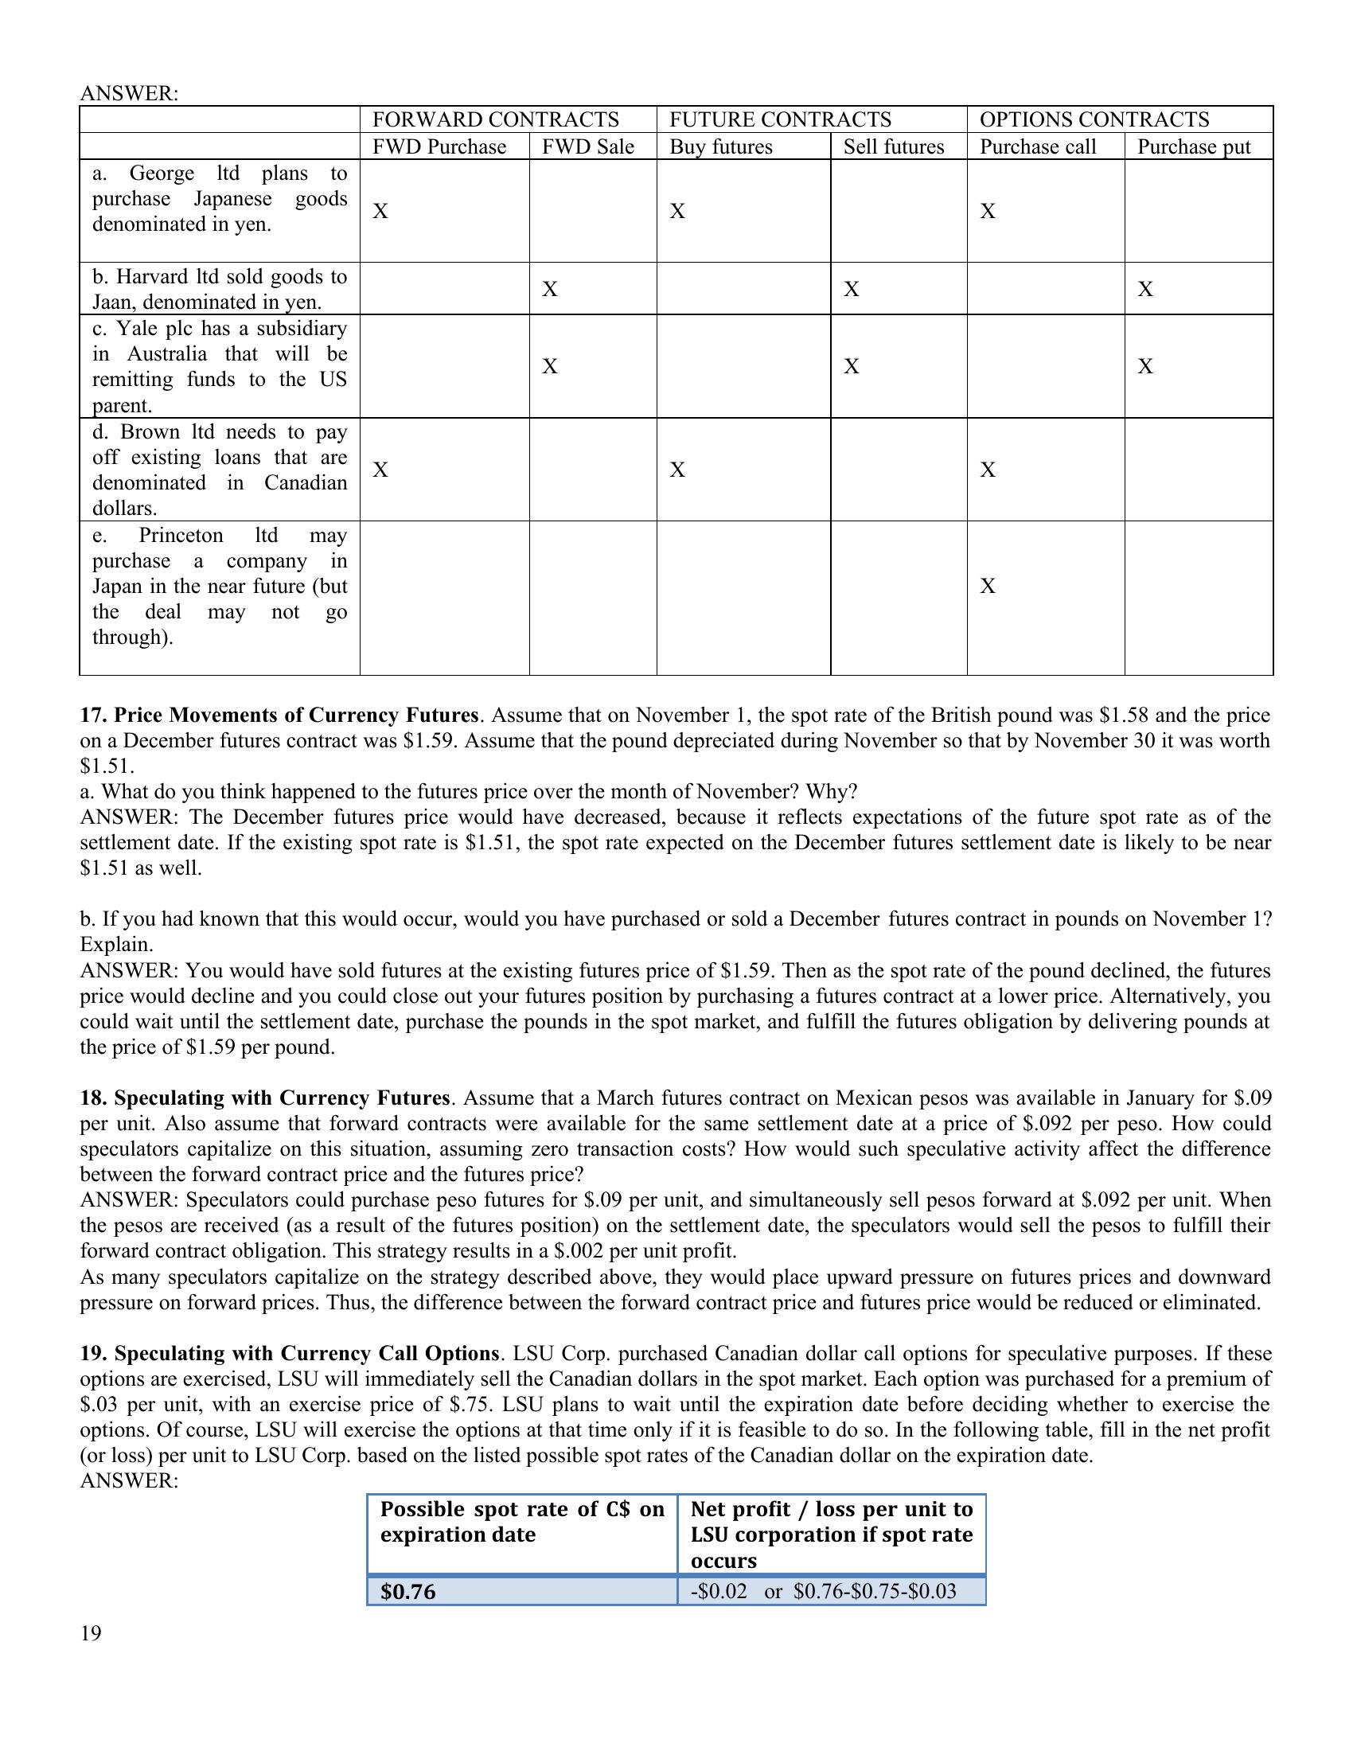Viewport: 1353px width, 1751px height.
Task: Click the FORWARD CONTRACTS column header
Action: click(495, 119)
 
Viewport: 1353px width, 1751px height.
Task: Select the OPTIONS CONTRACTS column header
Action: click(1094, 119)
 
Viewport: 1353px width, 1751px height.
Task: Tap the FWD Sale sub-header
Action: click(587, 146)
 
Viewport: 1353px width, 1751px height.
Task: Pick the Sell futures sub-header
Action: click(894, 146)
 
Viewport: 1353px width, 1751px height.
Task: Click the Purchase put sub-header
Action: click(1194, 146)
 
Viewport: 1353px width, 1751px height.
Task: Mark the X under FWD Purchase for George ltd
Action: click(380, 211)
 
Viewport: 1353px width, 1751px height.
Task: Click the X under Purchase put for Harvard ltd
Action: click(1145, 289)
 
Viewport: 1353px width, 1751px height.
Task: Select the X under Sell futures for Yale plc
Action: click(852, 366)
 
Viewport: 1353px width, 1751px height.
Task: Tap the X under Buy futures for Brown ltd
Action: click(677, 469)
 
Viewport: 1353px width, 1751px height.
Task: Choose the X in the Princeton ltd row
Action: click(988, 586)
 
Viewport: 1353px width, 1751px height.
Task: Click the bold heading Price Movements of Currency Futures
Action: click(296, 716)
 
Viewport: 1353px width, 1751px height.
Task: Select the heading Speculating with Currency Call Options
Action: click(307, 1353)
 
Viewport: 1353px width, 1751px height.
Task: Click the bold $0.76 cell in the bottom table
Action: click(408, 1592)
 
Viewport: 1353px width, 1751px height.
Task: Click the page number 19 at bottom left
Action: click(91, 1633)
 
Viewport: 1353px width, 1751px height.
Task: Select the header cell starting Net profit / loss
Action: click(831, 1534)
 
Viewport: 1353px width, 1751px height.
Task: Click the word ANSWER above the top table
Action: click(128, 93)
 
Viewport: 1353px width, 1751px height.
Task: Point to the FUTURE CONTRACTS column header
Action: click(780, 119)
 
